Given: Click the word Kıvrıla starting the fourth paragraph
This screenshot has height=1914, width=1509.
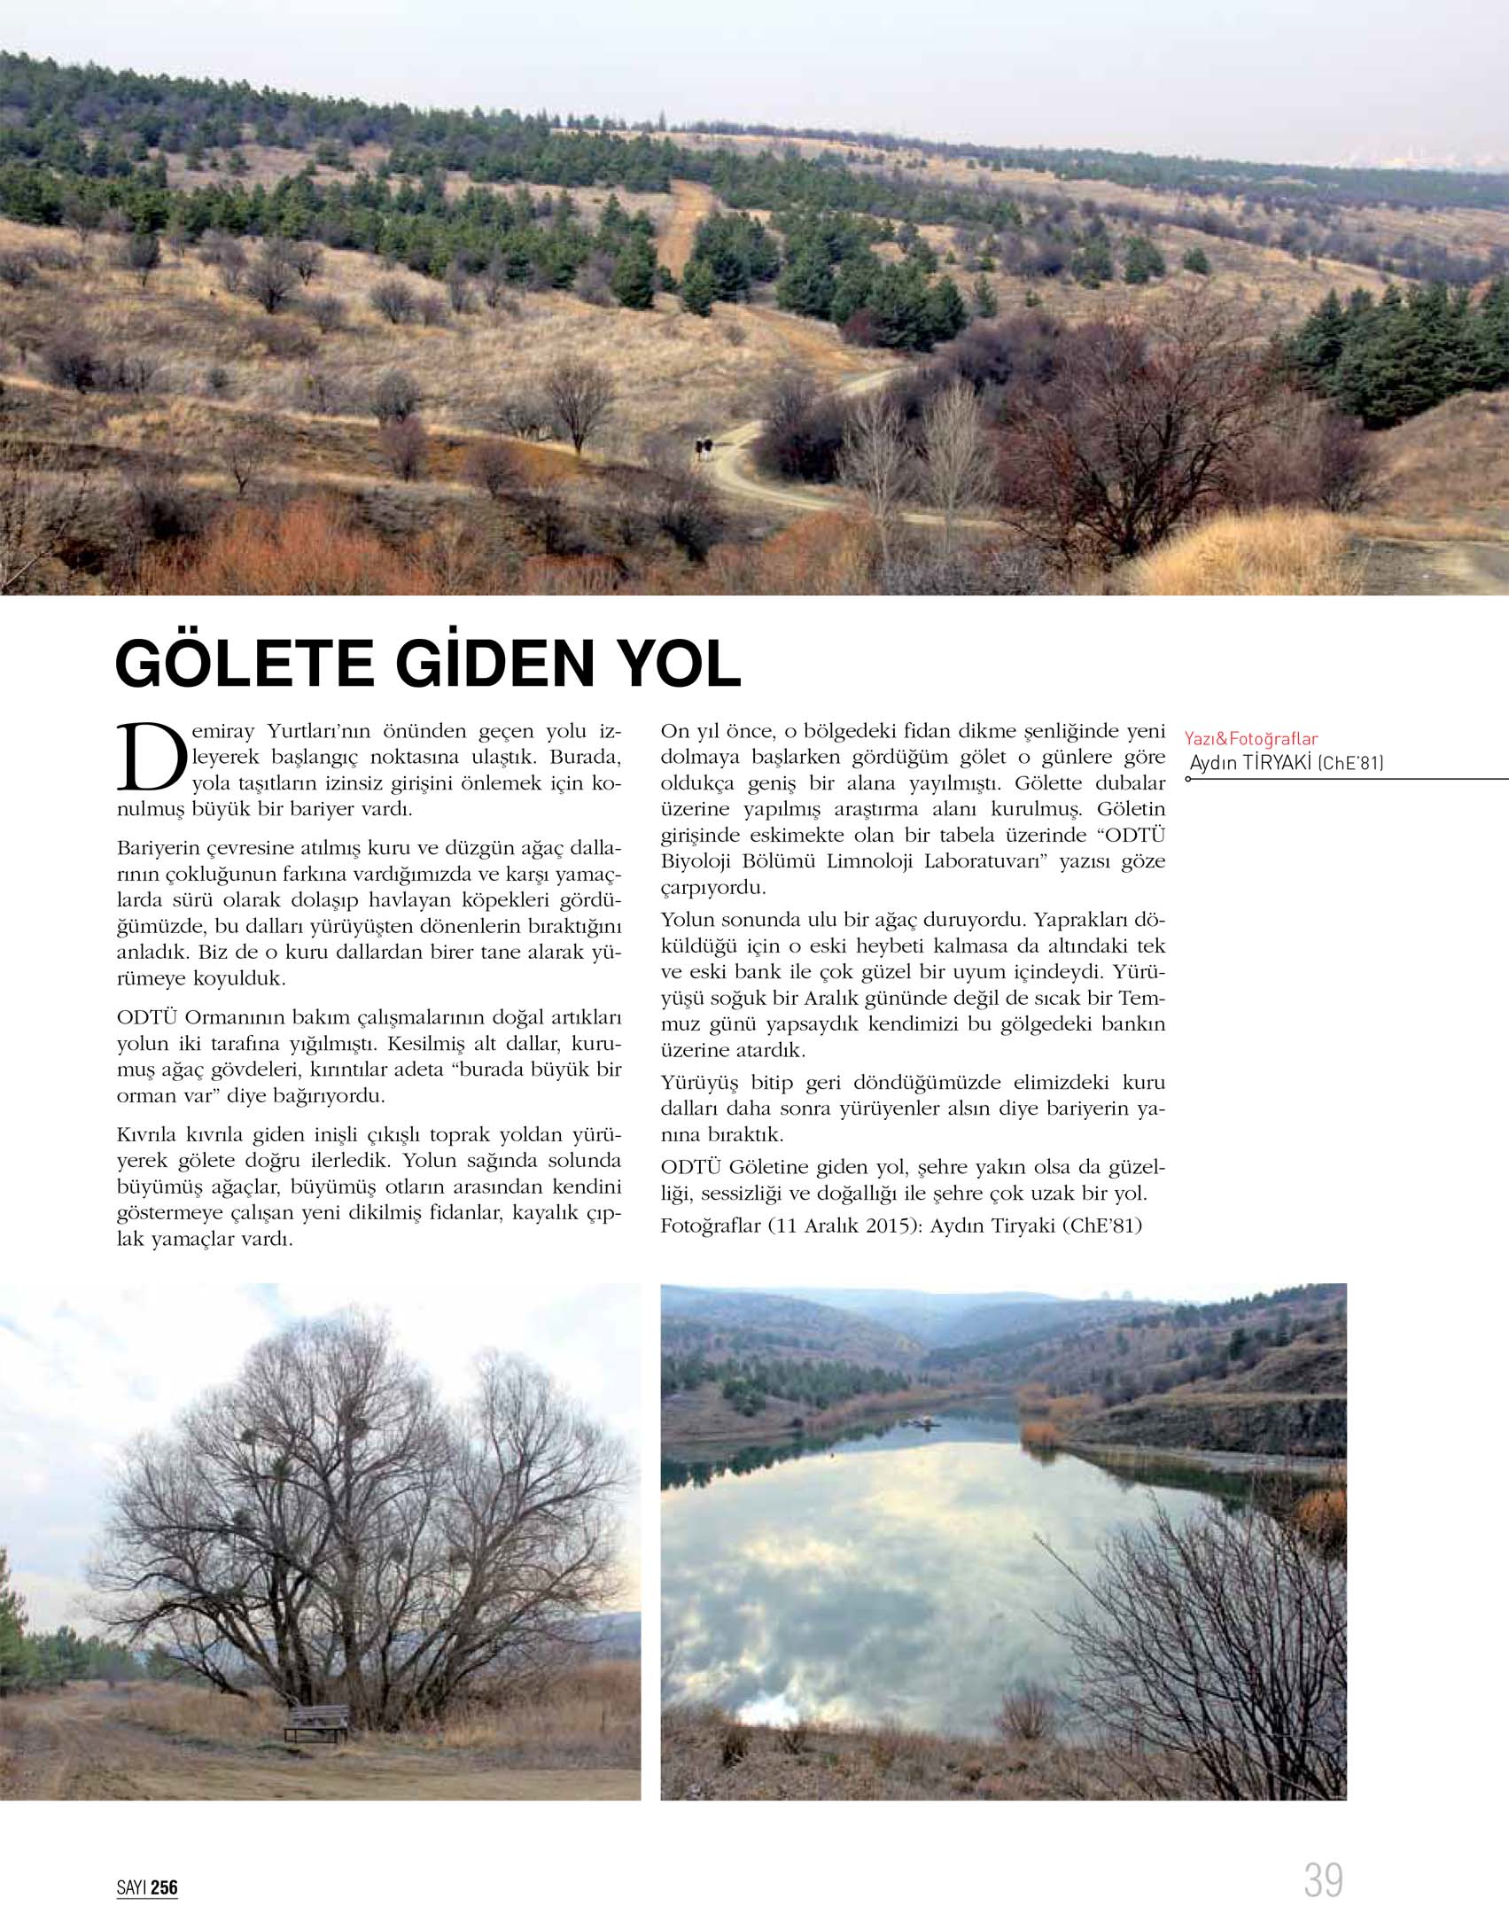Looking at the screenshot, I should (x=146, y=1134).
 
